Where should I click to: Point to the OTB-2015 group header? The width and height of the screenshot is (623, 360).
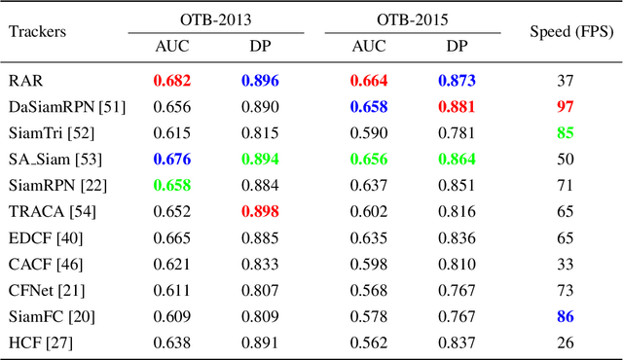tap(411, 18)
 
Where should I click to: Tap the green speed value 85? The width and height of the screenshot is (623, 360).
tap(566, 131)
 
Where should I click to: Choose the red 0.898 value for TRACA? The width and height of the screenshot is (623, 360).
tap(262, 210)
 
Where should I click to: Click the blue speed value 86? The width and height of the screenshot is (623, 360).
tap(566, 315)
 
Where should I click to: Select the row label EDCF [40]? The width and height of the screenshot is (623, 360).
tap(43, 236)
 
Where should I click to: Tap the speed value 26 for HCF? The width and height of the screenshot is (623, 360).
tap(566, 342)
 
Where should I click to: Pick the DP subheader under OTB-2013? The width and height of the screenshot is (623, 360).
tap(262, 46)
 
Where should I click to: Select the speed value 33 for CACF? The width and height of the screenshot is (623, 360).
tap(566, 263)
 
